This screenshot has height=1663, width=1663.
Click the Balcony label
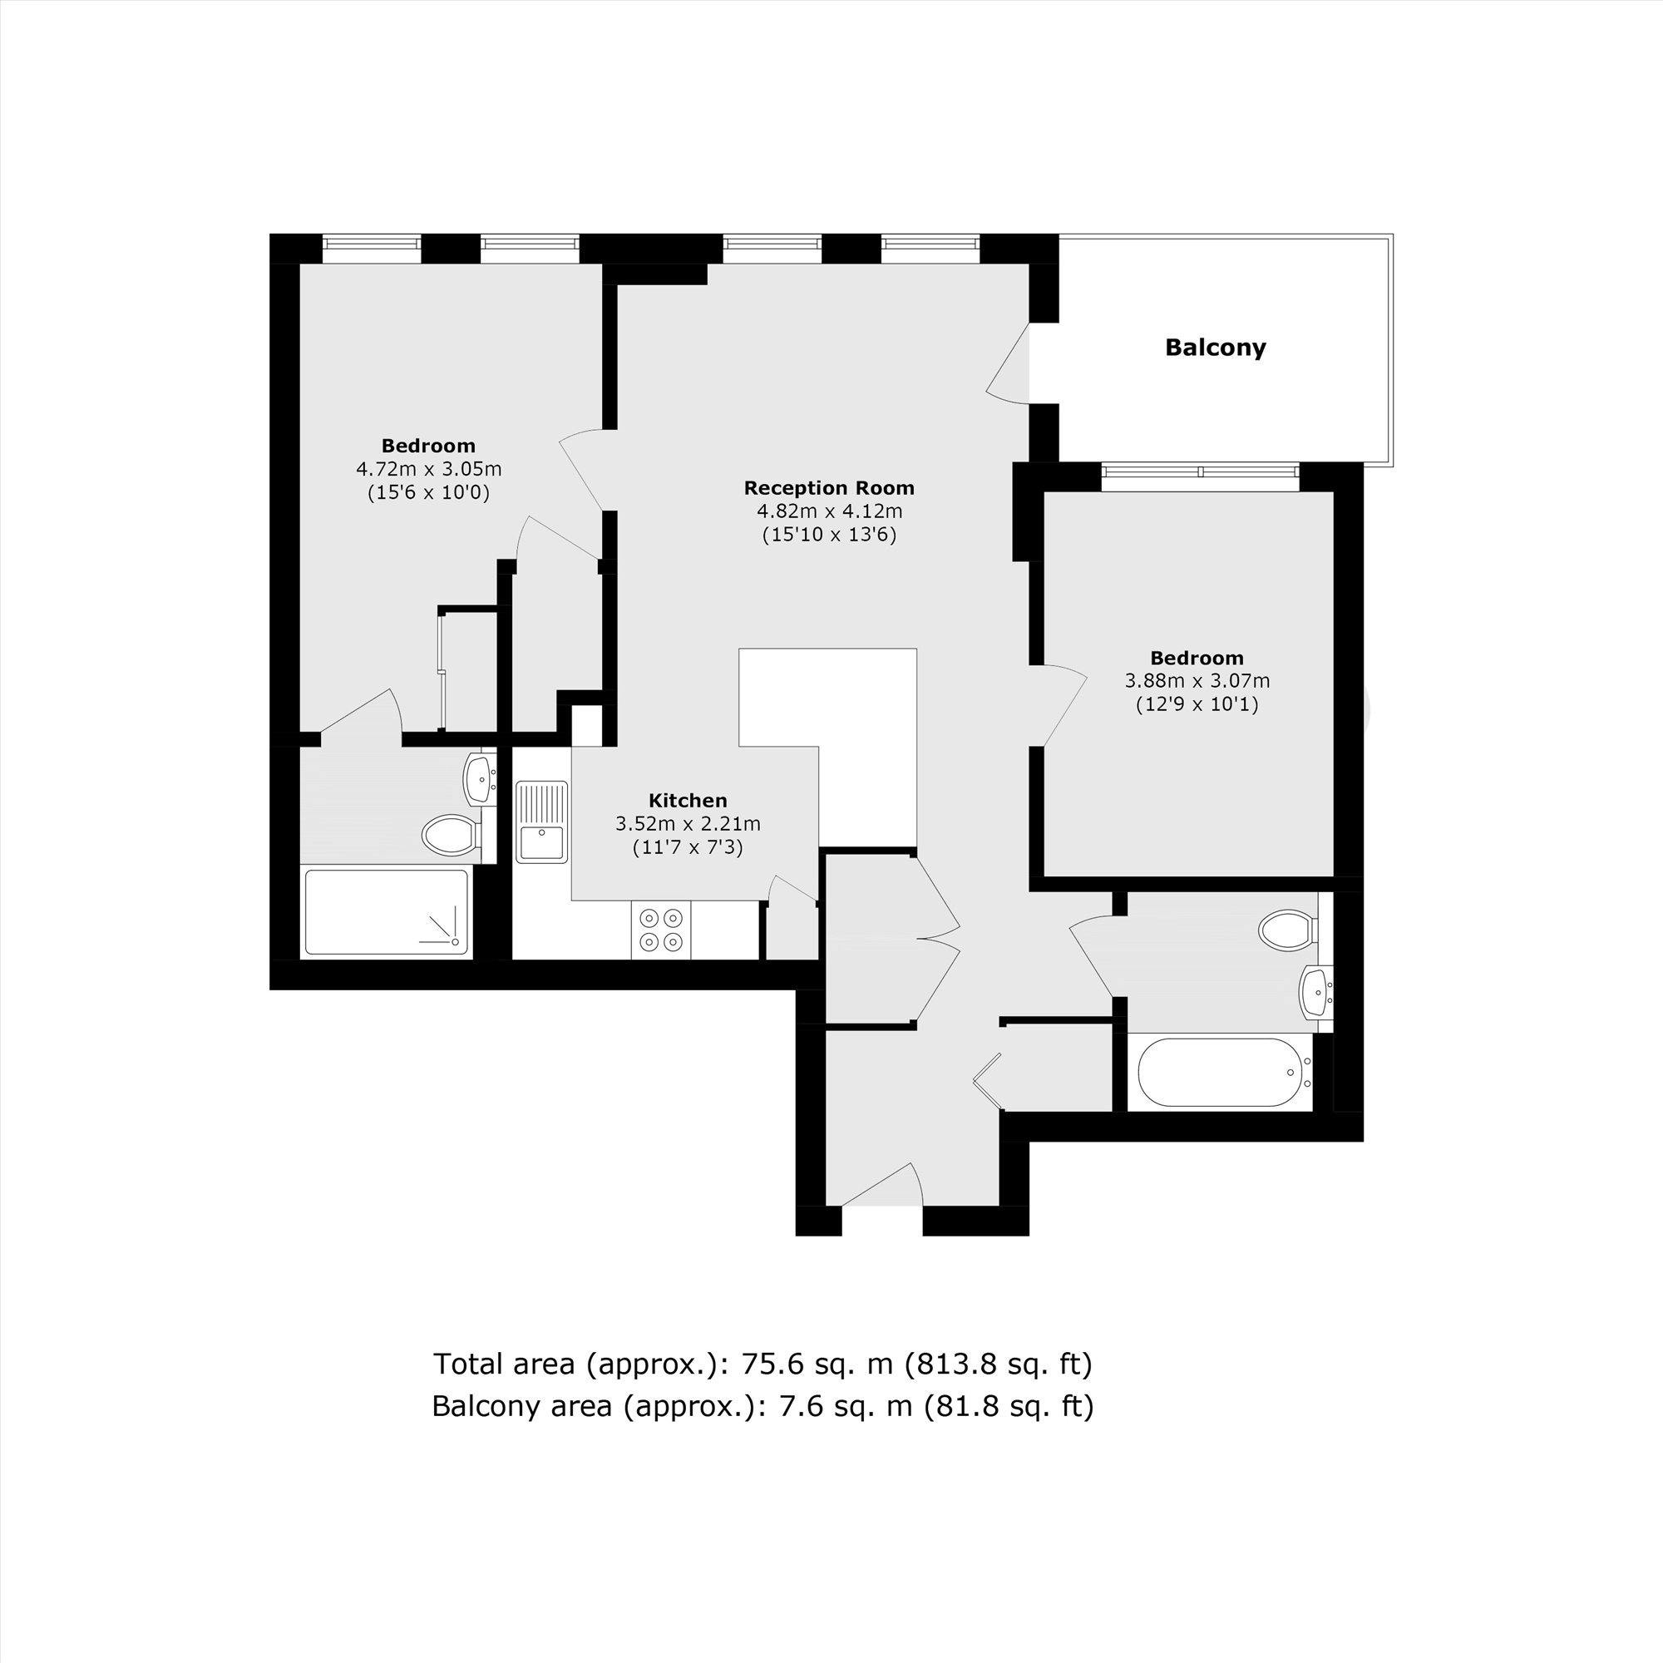(x=1216, y=348)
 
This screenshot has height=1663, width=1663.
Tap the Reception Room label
(x=829, y=488)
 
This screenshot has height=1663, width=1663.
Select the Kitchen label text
(x=688, y=801)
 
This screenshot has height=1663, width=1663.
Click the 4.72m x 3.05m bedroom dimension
(x=429, y=469)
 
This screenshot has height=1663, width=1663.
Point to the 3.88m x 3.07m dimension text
(x=1197, y=681)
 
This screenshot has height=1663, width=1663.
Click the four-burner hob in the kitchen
(x=661, y=930)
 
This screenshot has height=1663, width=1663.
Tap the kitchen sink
(x=542, y=822)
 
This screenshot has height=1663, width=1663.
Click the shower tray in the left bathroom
(x=387, y=912)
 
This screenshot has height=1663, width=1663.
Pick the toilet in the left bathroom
(x=452, y=834)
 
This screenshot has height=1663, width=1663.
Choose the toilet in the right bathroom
(x=1289, y=930)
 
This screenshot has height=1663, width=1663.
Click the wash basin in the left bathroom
(x=481, y=778)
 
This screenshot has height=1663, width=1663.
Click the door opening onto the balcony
(x=1008, y=363)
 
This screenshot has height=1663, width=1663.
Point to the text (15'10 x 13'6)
(x=829, y=535)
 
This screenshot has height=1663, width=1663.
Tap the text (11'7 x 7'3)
(x=688, y=848)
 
